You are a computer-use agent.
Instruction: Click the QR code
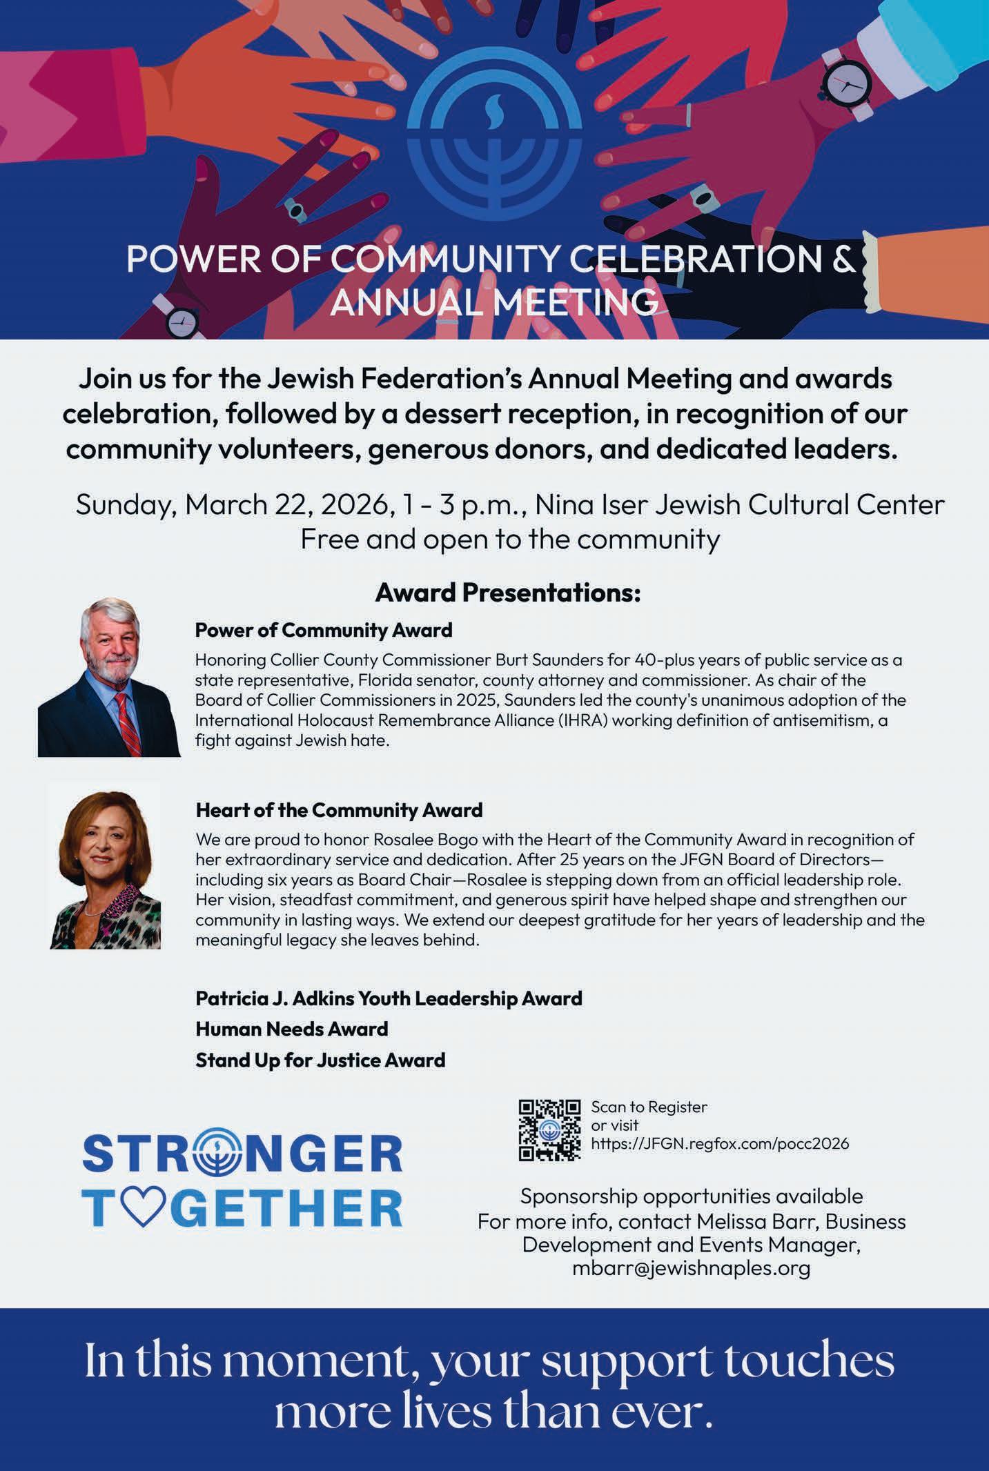click(549, 1129)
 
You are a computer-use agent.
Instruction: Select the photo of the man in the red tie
click(109, 677)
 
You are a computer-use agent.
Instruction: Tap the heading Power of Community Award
click(324, 630)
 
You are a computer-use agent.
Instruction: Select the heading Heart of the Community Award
click(339, 810)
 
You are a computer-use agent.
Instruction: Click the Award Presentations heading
click(508, 593)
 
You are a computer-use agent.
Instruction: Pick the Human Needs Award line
click(291, 1029)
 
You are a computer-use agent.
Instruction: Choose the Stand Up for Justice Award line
click(320, 1060)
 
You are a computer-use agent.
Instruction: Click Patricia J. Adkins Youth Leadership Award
click(389, 998)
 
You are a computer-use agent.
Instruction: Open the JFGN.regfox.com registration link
click(720, 1143)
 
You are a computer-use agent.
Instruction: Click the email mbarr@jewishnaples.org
click(691, 1268)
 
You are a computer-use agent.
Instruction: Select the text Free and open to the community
click(510, 539)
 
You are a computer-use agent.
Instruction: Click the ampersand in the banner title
click(839, 259)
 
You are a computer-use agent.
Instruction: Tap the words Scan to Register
click(649, 1107)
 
